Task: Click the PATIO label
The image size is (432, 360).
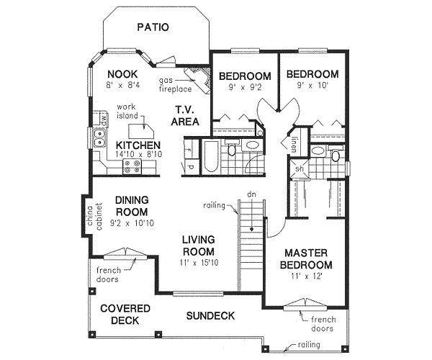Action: pos(153,28)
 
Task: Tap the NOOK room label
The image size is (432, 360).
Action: pos(122,74)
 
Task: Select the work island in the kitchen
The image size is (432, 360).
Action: pos(140,131)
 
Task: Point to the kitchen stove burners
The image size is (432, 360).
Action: pos(133,167)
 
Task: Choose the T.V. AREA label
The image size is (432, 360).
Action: pos(185,116)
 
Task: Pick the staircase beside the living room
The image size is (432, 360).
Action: pos(250,238)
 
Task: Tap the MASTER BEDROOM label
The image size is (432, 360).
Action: pos(306,259)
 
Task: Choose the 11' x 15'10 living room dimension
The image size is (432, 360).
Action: pos(199,264)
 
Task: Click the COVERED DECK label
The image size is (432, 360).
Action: pos(125,315)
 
